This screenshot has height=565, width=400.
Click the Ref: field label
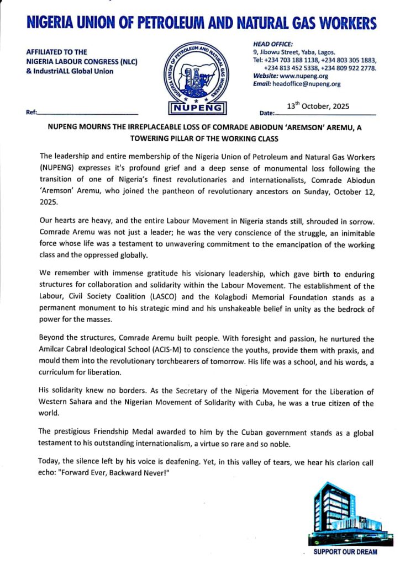[31, 113]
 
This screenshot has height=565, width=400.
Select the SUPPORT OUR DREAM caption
[346, 552]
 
